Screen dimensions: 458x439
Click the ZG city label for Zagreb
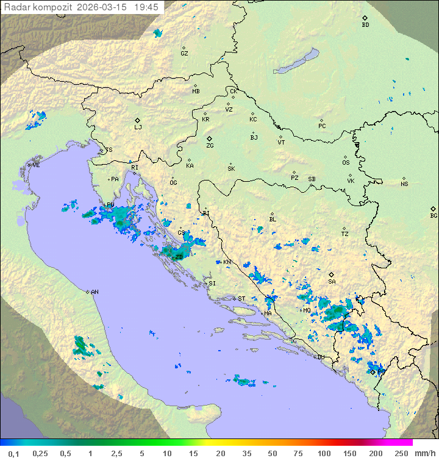click(x=210, y=146)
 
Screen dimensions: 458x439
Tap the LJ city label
click(x=138, y=127)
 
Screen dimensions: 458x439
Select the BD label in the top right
click(x=365, y=25)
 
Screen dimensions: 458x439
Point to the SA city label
click(x=332, y=281)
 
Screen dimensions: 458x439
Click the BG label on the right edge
click(x=434, y=215)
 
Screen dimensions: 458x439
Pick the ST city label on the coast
click(x=241, y=298)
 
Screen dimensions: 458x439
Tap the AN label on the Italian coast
click(x=95, y=292)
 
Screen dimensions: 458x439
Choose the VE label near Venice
click(x=36, y=165)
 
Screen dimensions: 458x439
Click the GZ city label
click(x=184, y=53)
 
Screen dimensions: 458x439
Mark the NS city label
click(x=404, y=184)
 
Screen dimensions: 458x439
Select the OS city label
click(x=346, y=162)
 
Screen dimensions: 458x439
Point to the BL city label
click(x=273, y=220)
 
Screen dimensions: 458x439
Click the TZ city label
click(x=345, y=234)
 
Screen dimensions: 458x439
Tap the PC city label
click(x=322, y=126)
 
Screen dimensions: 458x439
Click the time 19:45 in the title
click(x=146, y=7)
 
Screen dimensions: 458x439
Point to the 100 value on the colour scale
click(x=324, y=453)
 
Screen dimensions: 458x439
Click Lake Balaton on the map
click(x=296, y=62)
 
